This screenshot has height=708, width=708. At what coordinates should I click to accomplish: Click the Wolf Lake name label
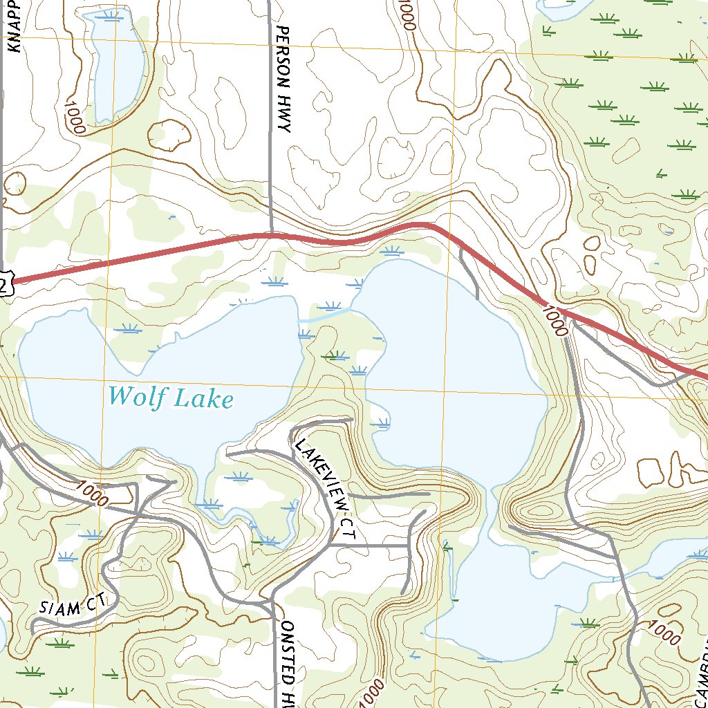click(171, 397)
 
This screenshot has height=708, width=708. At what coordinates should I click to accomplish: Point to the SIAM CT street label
click(69, 608)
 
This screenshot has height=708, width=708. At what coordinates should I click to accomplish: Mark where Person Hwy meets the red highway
click(270, 235)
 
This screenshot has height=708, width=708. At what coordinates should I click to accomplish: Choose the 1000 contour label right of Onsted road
click(371, 691)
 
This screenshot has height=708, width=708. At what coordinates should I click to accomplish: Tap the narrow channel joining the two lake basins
click(325, 315)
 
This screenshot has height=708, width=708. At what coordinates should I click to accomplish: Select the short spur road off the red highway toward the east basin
click(469, 273)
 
